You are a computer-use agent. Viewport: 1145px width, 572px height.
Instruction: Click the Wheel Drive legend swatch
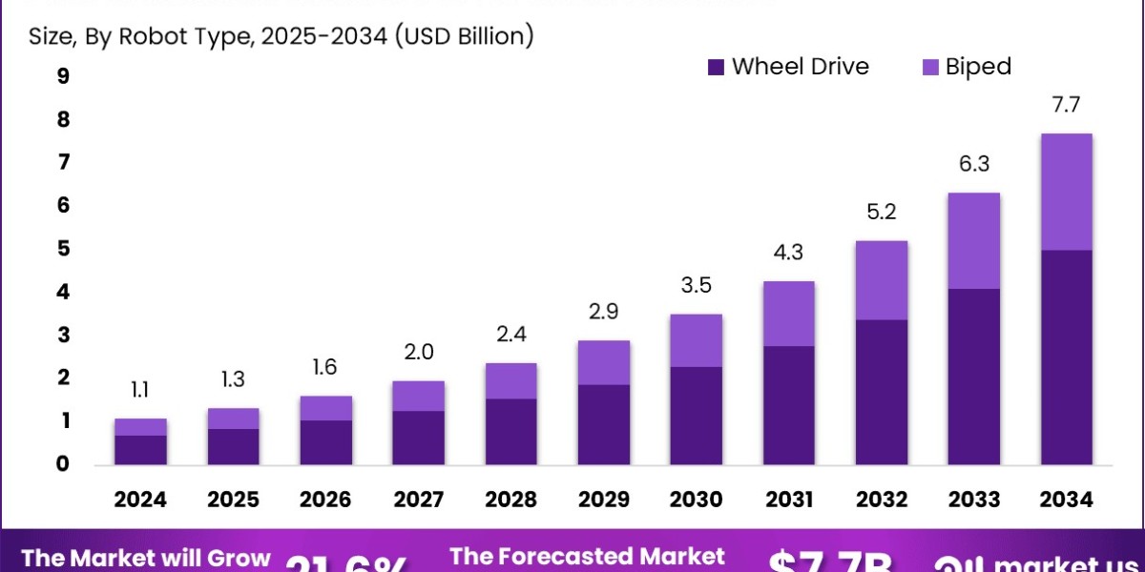(717, 67)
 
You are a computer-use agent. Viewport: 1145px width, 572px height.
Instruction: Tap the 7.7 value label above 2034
(1066, 106)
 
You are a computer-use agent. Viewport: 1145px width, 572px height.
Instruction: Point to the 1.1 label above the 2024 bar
(140, 389)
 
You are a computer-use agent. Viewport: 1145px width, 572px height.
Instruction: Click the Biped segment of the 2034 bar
(1066, 192)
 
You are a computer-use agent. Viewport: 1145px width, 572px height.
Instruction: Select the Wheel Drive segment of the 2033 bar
(973, 377)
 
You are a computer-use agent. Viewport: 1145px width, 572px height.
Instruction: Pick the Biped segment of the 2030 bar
(696, 340)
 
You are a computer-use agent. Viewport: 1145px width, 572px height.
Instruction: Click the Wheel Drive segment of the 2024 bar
(140, 450)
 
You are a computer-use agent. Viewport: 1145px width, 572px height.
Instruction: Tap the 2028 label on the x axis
(510, 500)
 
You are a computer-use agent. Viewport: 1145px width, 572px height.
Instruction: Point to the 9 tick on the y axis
(63, 77)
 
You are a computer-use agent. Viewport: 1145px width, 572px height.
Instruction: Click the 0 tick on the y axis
(63, 464)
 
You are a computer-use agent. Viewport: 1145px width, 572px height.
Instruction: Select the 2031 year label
(788, 500)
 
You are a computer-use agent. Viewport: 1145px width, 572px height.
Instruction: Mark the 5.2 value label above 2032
(881, 213)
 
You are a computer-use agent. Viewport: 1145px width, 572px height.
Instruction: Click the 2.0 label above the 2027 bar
(418, 353)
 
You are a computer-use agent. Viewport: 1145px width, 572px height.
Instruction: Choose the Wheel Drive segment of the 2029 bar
(603, 424)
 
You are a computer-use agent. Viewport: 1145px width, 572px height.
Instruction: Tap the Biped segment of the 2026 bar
(325, 408)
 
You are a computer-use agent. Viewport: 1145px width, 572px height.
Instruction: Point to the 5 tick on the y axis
(63, 249)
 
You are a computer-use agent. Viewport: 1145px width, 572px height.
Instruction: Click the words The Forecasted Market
(587, 557)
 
